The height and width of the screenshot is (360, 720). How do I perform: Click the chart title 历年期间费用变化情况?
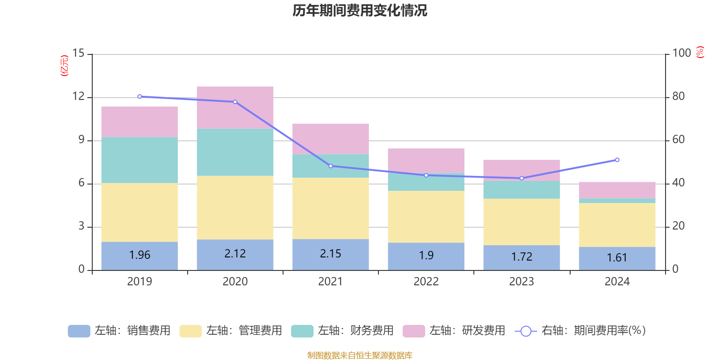360,10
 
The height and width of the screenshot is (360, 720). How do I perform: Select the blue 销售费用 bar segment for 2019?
139,256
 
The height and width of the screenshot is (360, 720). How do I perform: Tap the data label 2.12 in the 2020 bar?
235,254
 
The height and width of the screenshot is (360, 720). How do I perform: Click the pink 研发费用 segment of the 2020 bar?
235,107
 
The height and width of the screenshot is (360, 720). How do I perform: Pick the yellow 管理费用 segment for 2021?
330,208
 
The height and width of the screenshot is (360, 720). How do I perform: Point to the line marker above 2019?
139,96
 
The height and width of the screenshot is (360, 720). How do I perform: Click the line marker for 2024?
617,160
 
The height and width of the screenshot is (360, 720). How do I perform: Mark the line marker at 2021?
331,166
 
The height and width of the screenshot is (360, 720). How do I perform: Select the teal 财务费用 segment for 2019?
139,160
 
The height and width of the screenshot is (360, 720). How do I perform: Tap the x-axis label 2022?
426,282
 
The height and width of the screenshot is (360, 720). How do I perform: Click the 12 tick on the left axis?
79,96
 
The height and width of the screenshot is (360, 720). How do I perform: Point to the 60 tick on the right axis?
678,139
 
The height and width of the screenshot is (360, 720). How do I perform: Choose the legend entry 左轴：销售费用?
119,331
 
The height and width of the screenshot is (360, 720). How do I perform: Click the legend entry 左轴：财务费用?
342,331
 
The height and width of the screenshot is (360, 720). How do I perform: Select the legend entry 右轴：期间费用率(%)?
580,331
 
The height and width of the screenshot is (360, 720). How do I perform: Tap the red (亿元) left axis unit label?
64,66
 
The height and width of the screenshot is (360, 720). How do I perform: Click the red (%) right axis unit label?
700,52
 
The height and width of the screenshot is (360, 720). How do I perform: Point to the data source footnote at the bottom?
360,355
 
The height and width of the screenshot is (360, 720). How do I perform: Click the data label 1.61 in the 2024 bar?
616,258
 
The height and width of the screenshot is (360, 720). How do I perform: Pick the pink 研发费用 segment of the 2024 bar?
617,190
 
